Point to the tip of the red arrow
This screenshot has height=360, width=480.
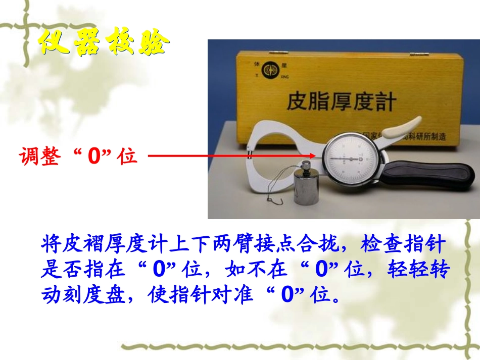click(316, 156)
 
